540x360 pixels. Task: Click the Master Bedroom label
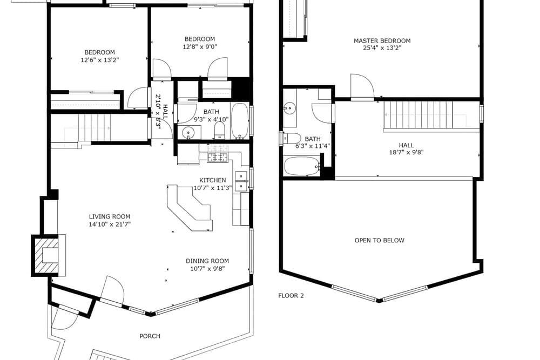[382, 40]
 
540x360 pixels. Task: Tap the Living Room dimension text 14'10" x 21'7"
[110, 225]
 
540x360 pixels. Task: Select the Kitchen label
[212, 180]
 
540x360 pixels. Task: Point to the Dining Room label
[207, 261]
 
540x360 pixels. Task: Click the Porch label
[150, 336]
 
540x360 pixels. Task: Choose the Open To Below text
[380, 240]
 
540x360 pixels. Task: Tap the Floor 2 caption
[291, 295]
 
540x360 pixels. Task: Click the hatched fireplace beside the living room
[45, 255]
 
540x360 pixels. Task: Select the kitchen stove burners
[218, 157]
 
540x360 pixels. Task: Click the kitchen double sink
[241, 181]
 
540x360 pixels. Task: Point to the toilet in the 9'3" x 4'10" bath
[219, 130]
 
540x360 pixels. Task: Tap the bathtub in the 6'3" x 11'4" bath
[302, 166]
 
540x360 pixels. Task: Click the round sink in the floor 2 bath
[290, 108]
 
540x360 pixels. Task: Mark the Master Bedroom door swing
[362, 86]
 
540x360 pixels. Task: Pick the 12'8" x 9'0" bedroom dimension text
[200, 47]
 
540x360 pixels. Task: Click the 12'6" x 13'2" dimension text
[100, 60]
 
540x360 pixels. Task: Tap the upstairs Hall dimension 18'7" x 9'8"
[407, 152]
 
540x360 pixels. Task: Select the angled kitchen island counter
[190, 208]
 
